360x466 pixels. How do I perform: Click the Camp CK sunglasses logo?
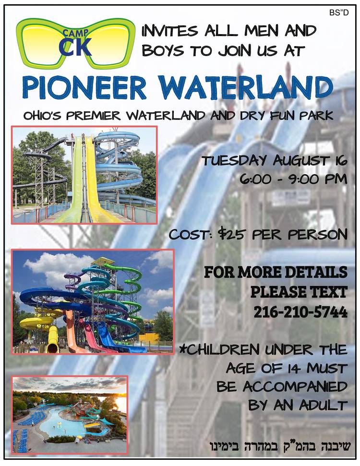click(x=76, y=43)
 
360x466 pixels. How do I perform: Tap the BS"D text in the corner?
click(x=339, y=12)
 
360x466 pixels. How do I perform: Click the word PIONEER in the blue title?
click(x=84, y=88)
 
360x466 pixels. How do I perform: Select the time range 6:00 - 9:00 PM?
click(x=293, y=179)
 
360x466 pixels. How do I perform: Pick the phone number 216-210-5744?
click(x=300, y=312)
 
